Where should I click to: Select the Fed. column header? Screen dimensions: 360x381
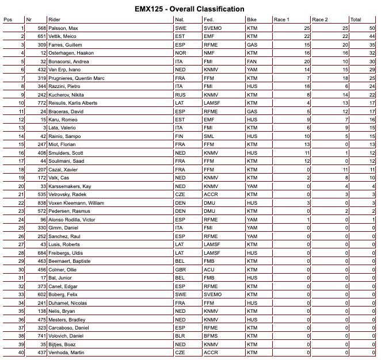click(x=209, y=19)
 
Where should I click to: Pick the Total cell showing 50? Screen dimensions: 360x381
click(x=372, y=28)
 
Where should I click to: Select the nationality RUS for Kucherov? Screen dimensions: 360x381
click(x=180, y=94)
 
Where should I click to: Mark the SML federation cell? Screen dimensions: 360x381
click(x=209, y=135)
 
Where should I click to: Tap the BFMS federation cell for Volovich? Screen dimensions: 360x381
click(x=211, y=335)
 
